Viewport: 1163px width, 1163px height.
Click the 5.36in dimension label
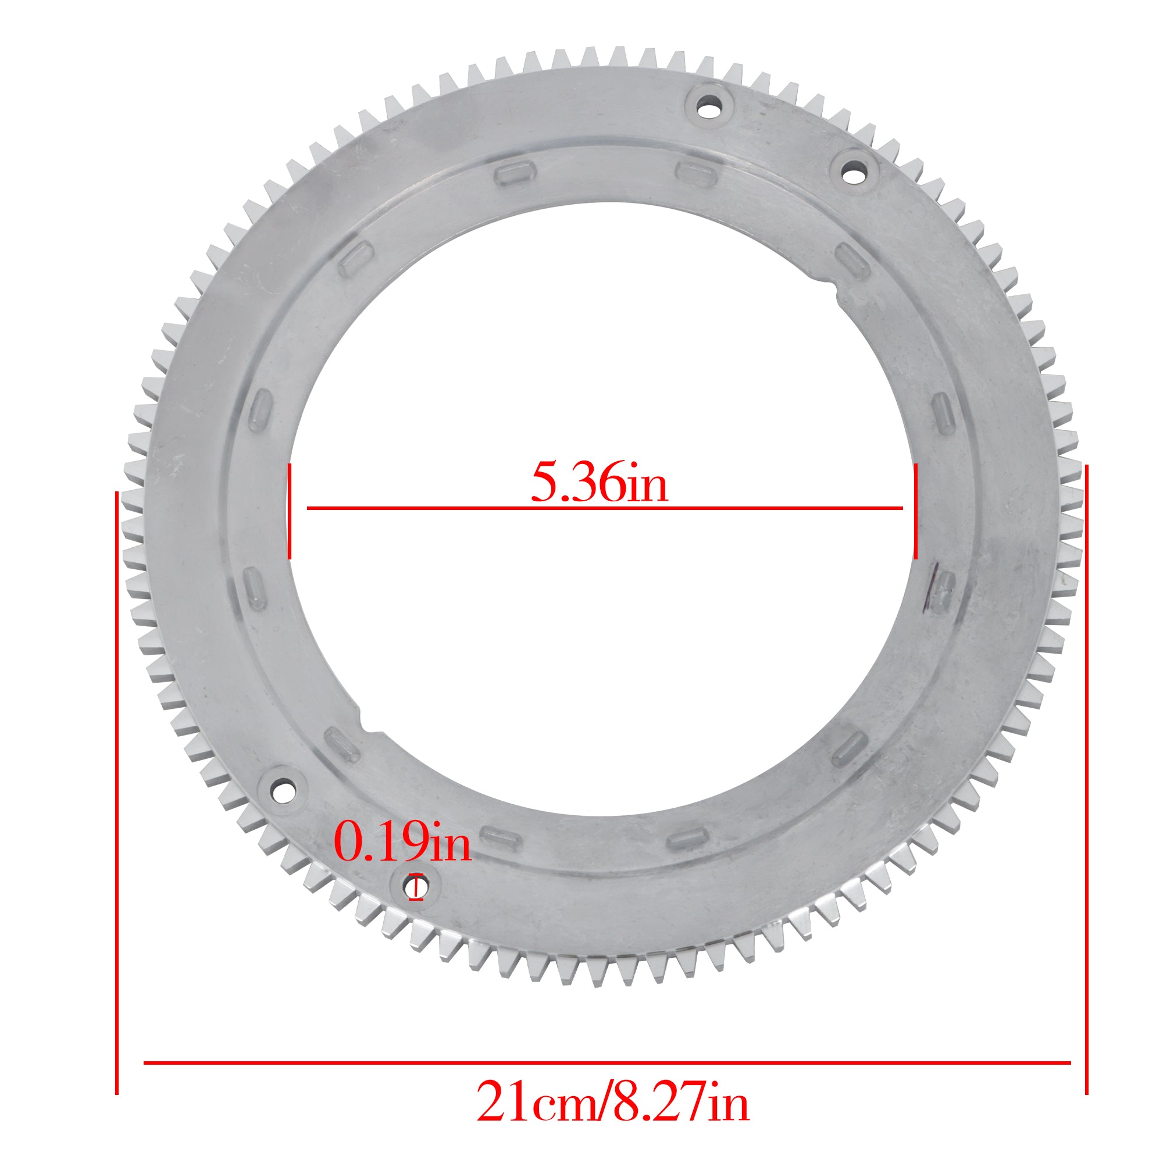(x=599, y=483)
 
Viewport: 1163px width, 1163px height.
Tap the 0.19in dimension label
(x=402, y=843)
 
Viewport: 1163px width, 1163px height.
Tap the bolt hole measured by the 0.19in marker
(x=416, y=887)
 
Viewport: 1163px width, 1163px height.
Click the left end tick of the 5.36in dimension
(x=290, y=511)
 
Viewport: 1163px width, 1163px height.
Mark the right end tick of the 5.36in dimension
(x=915, y=511)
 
